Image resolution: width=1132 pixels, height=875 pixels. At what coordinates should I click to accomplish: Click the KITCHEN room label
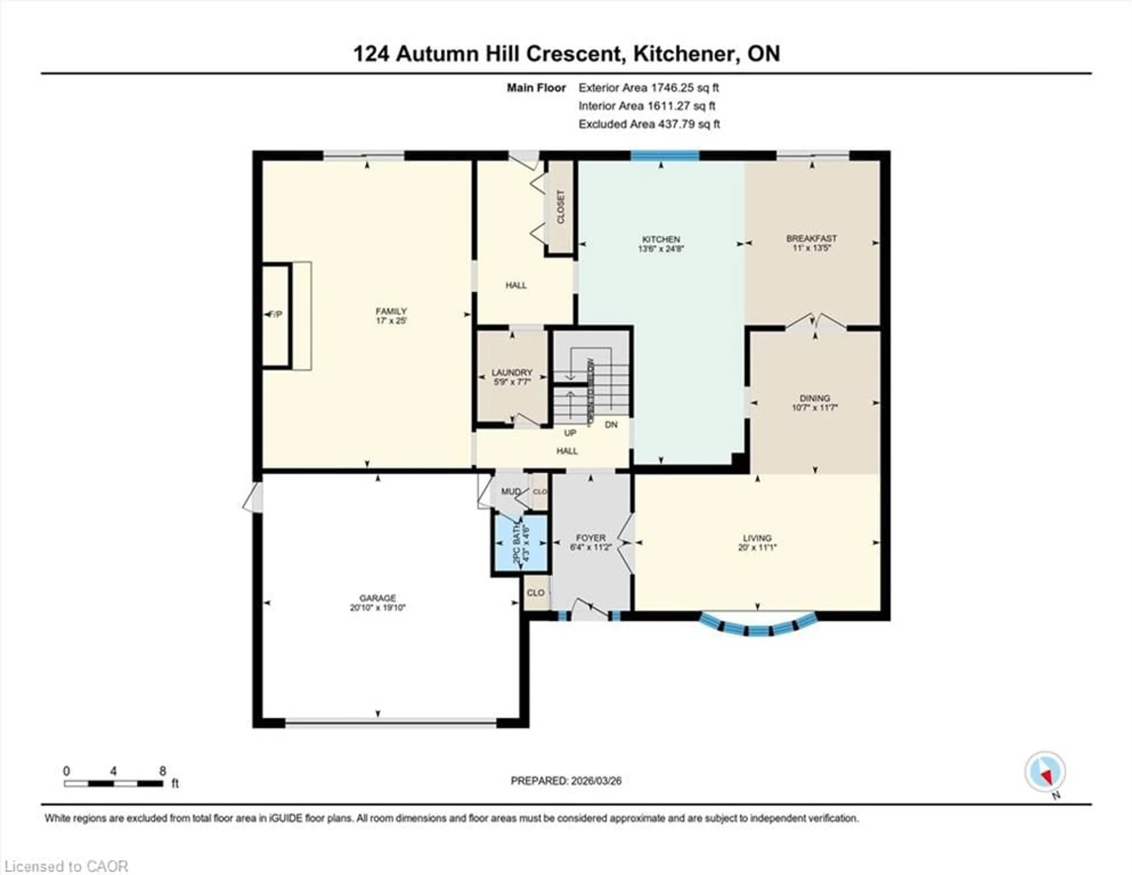(661, 239)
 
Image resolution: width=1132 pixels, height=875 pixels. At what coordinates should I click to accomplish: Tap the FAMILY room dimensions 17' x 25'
(391, 321)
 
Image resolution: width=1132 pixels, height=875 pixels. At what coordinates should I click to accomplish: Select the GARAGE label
(378, 598)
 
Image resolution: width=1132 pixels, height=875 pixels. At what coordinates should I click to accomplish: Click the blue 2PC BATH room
(520, 543)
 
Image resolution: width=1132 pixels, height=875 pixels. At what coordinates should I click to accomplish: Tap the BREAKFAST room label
(811, 238)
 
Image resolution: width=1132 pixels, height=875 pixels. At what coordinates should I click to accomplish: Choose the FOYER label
(590, 538)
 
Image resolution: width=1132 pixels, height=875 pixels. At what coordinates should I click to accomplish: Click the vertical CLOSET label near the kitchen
(560, 207)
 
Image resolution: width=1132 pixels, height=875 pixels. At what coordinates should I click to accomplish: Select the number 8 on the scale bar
(163, 771)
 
